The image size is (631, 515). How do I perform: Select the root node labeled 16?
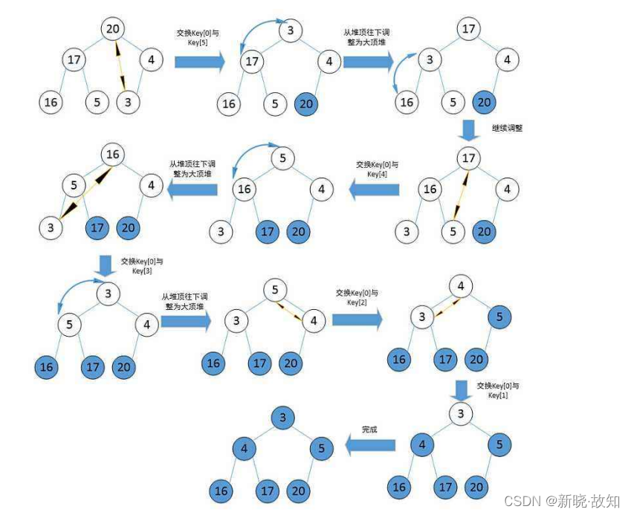point(113,155)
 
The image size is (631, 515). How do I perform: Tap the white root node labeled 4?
point(461,285)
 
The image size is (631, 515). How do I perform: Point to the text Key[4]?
point(378,173)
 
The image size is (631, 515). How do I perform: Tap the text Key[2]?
point(357,302)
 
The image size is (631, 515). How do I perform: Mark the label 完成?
point(369,430)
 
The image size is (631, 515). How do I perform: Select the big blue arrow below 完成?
point(369,446)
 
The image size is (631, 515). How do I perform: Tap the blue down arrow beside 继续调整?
point(469,131)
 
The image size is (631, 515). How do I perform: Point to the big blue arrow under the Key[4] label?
point(375,190)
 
